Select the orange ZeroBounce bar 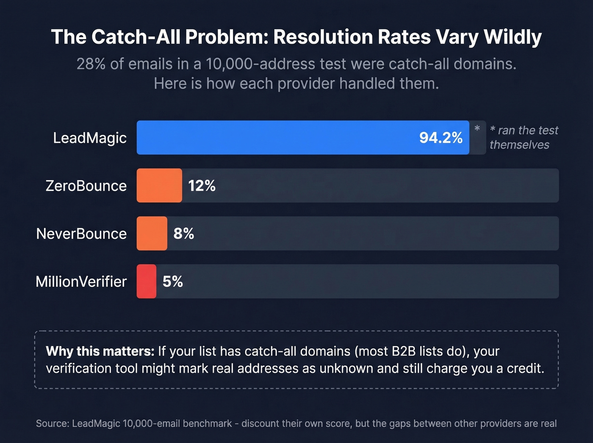(159, 186)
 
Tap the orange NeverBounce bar (152, 234)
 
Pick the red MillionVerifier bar (146, 281)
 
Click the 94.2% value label (441, 138)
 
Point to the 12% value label (202, 186)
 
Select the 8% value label (183, 234)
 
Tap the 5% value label (173, 281)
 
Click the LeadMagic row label (90, 138)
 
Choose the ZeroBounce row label (86, 186)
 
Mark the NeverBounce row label (81, 234)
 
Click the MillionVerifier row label (81, 282)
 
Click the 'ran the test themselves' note (524, 137)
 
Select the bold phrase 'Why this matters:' (100, 351)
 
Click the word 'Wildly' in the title (513, 37)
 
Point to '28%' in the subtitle (91, 64)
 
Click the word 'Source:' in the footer (53, 423)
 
